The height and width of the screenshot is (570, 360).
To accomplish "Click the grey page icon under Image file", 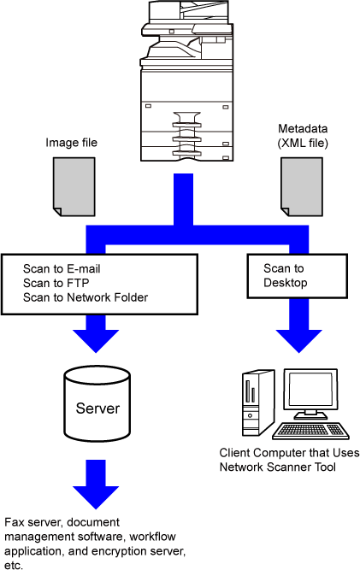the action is (x=74, y=187).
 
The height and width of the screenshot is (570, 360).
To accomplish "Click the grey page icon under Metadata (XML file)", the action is (x=302, y=187).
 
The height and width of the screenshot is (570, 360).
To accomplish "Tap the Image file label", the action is (x=71, y=143).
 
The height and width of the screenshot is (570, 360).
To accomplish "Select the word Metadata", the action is (x=303, y=129).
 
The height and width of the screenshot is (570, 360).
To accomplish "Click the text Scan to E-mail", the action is (x=62, y=268).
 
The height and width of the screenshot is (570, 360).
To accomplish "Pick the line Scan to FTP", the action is (x=56, y=283).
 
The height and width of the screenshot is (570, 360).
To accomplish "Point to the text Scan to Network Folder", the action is (x=86, y=297).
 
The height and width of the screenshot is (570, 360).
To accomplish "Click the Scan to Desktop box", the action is (x=297, y=276).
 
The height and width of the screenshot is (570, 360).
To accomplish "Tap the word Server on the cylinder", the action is (x=97, y=408).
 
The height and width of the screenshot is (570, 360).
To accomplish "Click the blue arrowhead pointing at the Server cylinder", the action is (x=96, y=341).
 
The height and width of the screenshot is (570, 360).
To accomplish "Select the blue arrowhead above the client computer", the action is (x=299, y=341).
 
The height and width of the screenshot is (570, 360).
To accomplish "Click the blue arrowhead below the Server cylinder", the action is (x=96, y=497).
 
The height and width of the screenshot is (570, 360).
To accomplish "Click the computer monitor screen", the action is (x=310, y=391).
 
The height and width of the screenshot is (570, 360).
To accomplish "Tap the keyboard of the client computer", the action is (x=311, y=431).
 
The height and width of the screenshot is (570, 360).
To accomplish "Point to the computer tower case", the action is (x=258, y=403).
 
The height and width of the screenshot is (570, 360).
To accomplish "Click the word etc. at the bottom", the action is (x=14, y=565).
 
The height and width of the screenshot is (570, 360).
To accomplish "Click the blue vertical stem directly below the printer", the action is (x=183, y=199).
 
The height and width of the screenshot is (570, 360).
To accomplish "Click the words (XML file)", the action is (x=303, y=144).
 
